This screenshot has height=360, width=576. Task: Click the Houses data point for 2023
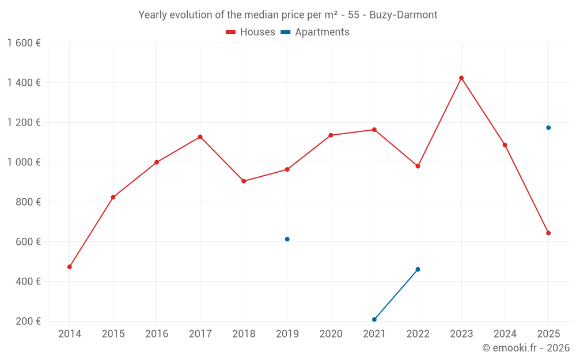(x=461, y=78)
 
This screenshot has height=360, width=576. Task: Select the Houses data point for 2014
(x=70, y=267)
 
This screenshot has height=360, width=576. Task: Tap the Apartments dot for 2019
(x=287, y=239)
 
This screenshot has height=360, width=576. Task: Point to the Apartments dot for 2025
(x=548, y=128)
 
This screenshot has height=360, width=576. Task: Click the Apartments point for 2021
(x=374, y=320)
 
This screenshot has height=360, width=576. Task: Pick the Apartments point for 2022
(x=418, y=270)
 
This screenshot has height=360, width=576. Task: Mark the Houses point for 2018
(x=244, y=181)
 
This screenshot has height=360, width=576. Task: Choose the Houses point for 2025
(x=548, y=233)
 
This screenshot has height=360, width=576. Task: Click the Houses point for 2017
(x=200, y=137)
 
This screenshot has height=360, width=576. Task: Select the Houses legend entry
(x=251, y=32)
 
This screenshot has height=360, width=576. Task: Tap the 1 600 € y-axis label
(x=24, y=43)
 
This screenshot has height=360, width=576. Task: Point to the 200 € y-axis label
(x=28, y=321)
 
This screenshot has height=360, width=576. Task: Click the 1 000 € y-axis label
(x=24, y=162)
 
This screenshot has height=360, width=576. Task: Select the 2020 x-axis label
(x=331, y=334)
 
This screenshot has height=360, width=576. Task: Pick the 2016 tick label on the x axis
(x=157, y=334)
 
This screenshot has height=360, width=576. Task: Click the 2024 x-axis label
(x=505, y=334)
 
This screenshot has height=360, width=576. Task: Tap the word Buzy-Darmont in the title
(x=407, y=15)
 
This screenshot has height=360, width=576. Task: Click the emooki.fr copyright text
(x=526, y=348)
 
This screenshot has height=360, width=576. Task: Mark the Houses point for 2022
(x=418, y=166)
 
